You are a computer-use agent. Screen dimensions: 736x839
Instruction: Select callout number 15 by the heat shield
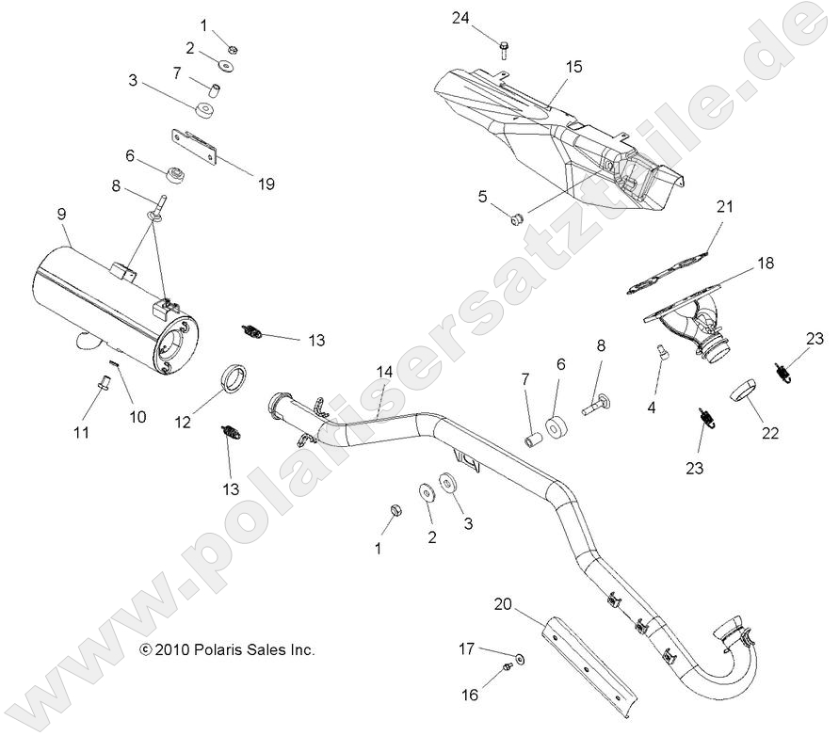(574, 67)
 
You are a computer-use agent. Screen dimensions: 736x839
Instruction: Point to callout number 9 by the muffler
(61, 214)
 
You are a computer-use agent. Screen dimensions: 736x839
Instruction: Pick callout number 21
(723, 206)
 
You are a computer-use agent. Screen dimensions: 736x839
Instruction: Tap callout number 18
(765, 264)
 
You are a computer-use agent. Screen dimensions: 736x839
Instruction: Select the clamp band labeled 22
(752, 389)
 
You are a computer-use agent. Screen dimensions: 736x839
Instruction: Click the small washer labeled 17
(522, 655)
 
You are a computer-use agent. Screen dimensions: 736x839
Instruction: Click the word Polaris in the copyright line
(218, 649)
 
